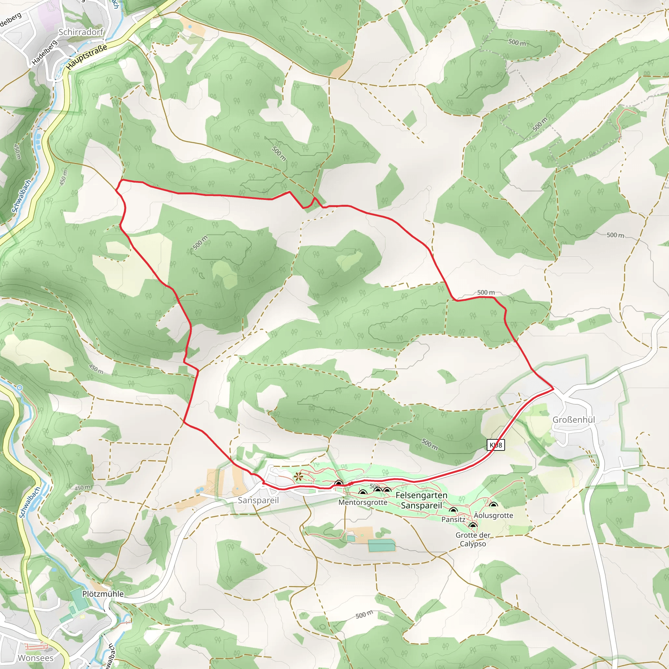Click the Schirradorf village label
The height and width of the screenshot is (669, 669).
point(81,32)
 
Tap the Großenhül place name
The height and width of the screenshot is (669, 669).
point(573,420)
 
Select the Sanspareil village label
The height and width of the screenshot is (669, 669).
point(258,500)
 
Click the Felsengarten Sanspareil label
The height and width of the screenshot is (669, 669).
point(421,500)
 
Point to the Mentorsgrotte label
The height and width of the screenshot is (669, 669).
point(363,502)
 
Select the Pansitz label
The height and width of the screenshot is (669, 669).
point(453,519)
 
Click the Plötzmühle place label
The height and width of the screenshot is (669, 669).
point(103,594)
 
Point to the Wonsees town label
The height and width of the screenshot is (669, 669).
point(36,658)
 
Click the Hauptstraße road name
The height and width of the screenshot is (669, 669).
point(87,57)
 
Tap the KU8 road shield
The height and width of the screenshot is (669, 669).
point(496,445)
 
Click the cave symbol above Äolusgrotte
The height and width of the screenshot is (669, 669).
point(494,505)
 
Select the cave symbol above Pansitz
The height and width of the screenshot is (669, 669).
point(453,510)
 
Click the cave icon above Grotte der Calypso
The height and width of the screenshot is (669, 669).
point(473,526)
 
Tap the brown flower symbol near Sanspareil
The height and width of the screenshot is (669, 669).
point(298,477)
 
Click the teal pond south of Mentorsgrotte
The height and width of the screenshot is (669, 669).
point(381,546)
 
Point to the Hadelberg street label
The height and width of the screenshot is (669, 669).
point(44,53)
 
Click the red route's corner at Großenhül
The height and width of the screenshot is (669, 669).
point(553,389)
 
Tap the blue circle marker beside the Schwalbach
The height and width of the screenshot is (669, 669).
point(20,388)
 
